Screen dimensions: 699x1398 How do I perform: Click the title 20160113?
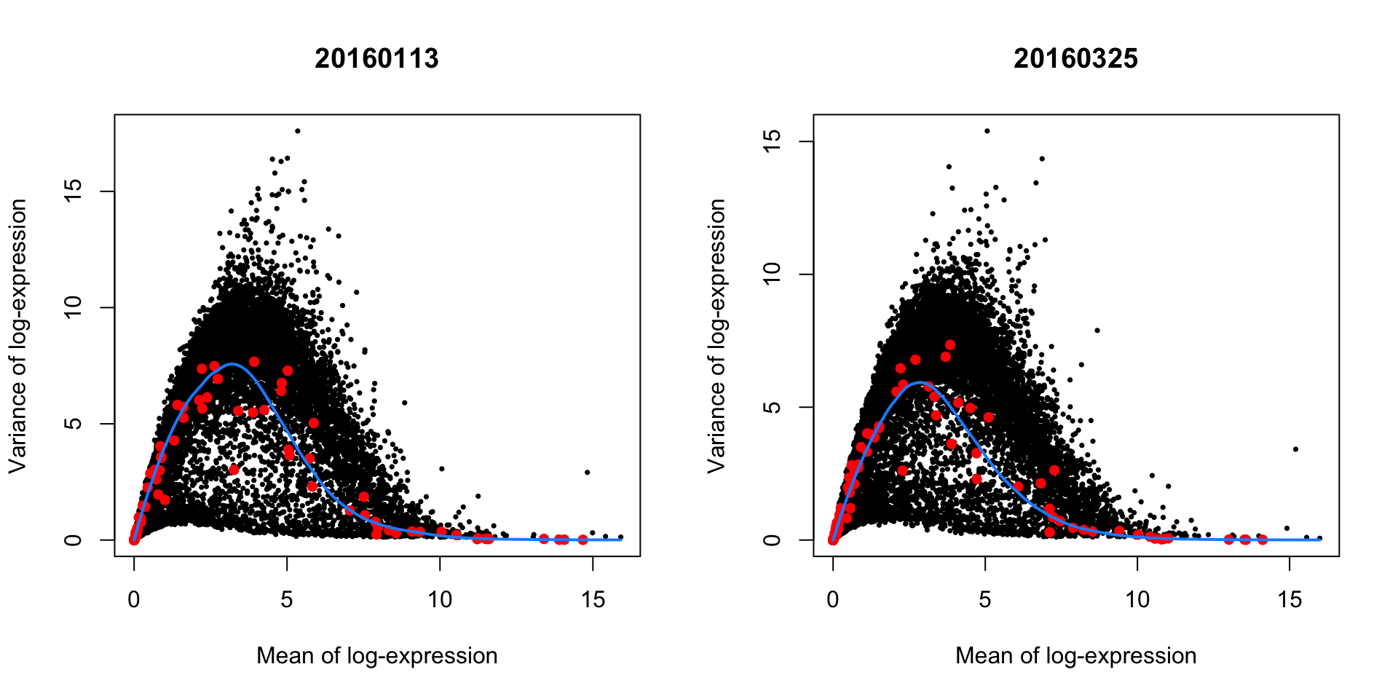[x=376, y=58]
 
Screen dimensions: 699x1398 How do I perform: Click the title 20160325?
[x=1075, y=58]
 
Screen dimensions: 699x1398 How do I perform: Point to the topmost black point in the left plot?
[x=297, y=131]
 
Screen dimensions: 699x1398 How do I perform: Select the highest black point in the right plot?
[x=987, y=131]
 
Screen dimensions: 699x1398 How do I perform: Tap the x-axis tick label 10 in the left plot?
[x=440, y=599]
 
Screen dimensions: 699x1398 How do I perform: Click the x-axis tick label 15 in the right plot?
[x=1290, y=599]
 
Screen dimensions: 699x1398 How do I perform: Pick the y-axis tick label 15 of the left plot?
[x=73, y=191]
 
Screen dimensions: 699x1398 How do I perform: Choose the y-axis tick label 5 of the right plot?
[x=772, y=407]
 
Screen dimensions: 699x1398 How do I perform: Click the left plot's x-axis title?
[x=376, y=655]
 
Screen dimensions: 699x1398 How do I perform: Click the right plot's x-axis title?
[x=1075, y=655]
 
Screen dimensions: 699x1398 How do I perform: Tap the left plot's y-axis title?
[x=17, y=336]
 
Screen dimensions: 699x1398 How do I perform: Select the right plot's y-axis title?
[x=716, y=336]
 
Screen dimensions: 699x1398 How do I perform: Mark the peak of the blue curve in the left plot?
[x=232, y=364]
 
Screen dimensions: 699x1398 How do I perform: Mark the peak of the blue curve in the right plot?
[x=921, y=382]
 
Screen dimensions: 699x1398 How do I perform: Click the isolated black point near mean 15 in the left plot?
[x=587, y=473]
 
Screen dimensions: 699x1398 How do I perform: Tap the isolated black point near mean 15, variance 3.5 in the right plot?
[x=1295, y=449]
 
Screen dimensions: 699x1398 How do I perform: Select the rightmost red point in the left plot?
[x=582, y=540]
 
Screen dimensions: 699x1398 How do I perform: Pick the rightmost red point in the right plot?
[x=1263, y=540]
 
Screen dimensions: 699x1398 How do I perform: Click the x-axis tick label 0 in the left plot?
[x=134, y=599]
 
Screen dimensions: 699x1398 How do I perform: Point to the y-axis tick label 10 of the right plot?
[x=772, y=274]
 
